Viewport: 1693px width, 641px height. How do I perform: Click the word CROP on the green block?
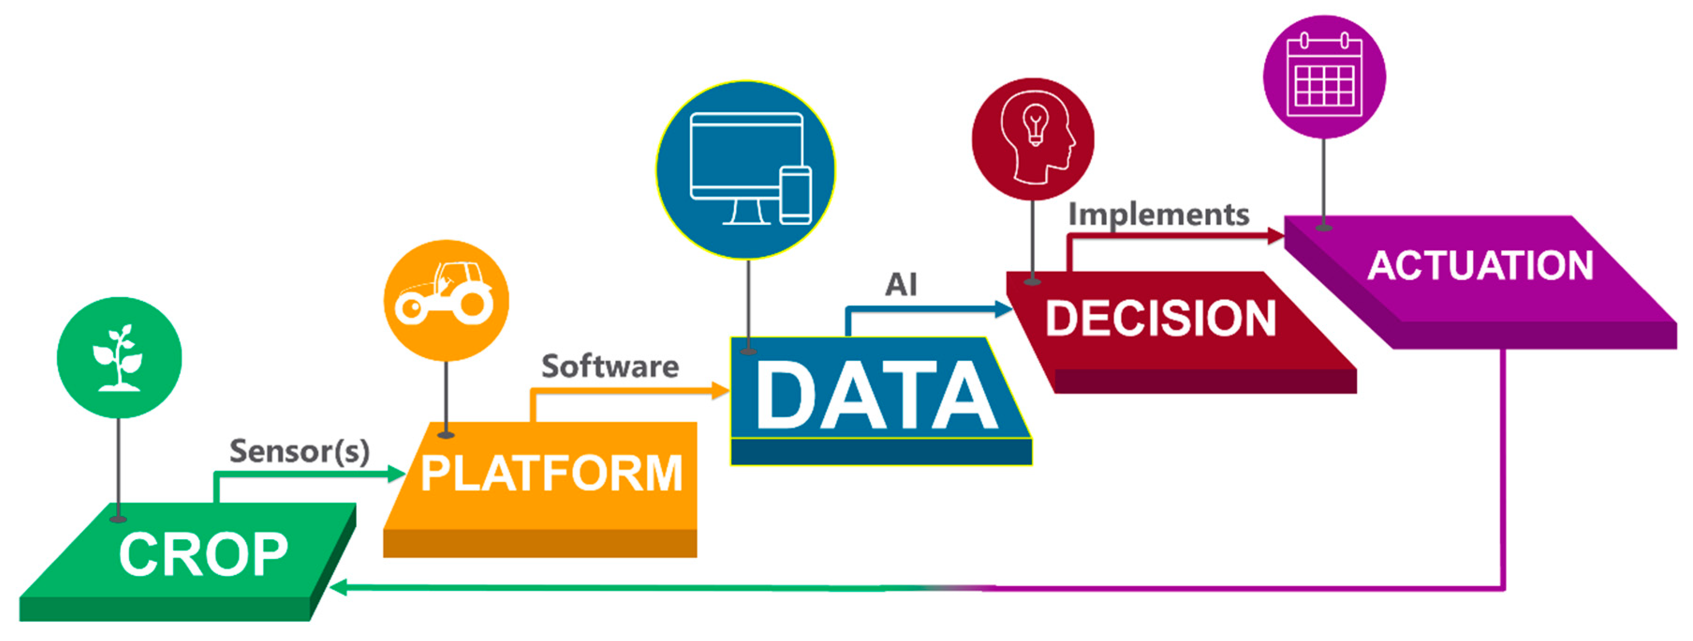pos(203,555)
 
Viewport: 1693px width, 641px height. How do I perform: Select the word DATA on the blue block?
pos(877,396)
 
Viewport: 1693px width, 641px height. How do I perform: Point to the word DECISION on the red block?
pos(1161,319)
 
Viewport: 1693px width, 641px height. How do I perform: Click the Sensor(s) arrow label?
pos(299,451)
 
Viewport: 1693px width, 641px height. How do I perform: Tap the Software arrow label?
pos(610,366)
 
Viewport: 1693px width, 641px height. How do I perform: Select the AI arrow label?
pos(900,285)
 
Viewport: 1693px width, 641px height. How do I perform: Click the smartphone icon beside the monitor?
pos(795,195)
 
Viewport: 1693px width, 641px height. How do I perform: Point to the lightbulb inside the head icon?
pos(1035,125)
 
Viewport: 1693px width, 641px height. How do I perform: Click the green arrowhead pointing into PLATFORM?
pos(397,474)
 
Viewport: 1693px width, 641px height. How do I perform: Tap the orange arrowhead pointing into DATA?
pos(721,390)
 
